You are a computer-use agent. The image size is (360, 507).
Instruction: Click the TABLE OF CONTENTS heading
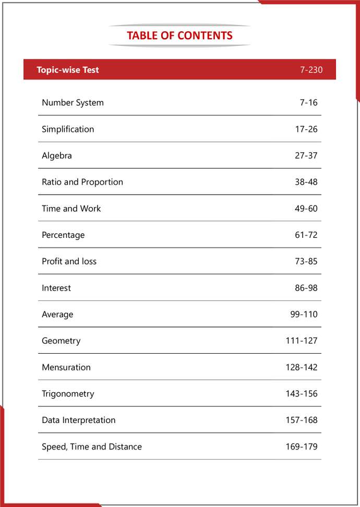point(179,35)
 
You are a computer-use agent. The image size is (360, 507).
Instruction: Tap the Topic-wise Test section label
point(68,70)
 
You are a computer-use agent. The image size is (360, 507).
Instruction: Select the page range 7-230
point(311,70)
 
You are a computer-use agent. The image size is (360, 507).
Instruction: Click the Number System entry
point(73,103)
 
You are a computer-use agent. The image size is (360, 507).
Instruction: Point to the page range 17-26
point(306,129)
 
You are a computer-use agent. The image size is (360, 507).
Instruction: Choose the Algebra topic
point(57,155)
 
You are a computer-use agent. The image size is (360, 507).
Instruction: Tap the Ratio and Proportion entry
point(82,182)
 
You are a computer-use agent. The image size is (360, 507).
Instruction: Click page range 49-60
point(306,209)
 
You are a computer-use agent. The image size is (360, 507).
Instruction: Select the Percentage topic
point(63,235)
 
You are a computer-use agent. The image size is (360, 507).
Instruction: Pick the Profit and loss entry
point(69,261)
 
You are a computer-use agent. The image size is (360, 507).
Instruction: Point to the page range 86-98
point(306,288)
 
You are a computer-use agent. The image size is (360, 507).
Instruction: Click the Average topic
point(57,315)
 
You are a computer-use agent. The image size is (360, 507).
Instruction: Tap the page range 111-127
point(301,341)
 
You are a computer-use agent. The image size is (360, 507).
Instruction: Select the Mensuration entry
point(66,367)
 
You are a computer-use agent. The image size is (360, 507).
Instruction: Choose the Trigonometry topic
point(68,394)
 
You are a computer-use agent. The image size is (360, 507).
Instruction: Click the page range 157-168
point(301,420)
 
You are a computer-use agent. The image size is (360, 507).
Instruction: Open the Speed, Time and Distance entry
point(92,446)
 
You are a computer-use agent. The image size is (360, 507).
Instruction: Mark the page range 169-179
point(301,446)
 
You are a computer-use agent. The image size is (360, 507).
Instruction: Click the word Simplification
point(68,129)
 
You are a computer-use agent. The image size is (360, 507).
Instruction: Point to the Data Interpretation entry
point(79,420)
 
